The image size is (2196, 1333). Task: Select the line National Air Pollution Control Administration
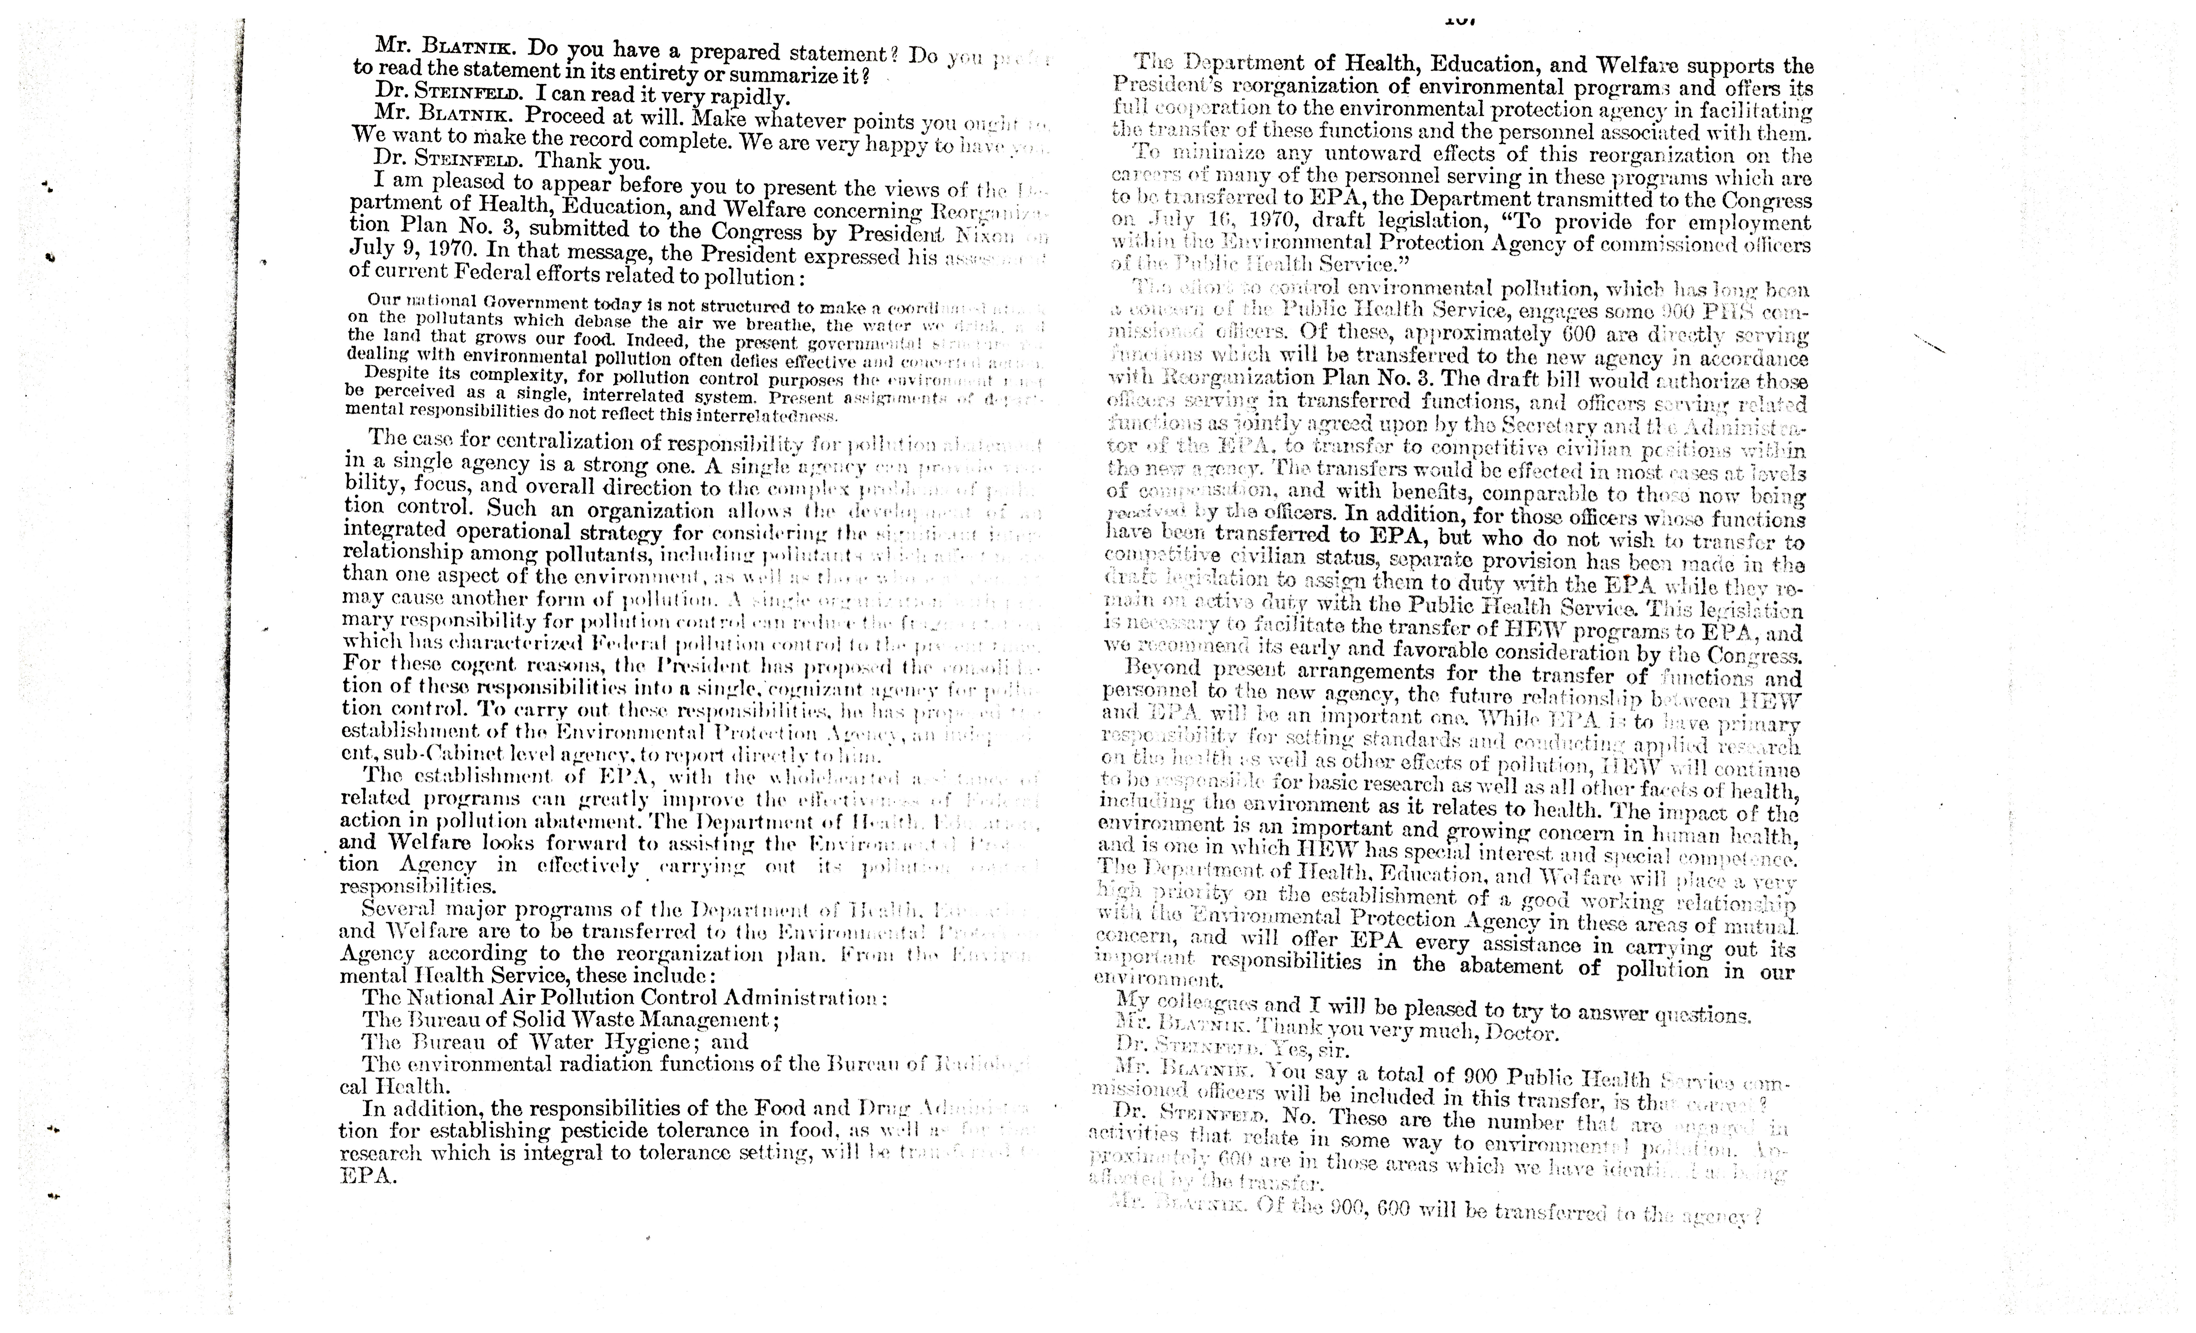624,998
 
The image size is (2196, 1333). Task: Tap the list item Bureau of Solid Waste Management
570,1019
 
